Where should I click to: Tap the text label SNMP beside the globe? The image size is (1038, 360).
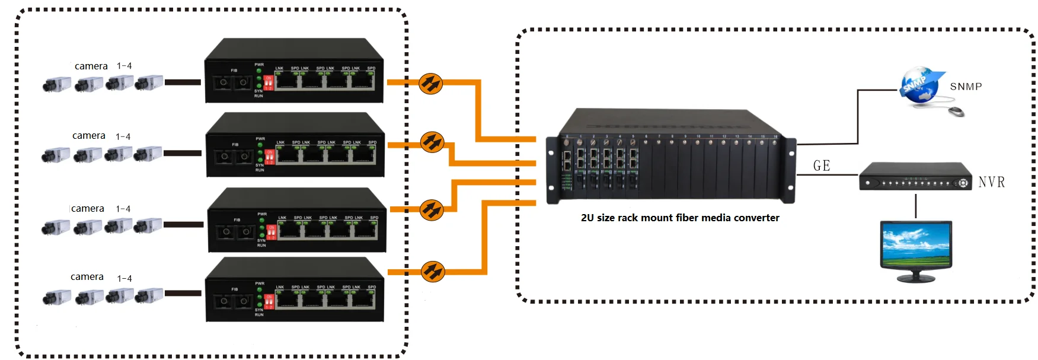click(x=966, y=87)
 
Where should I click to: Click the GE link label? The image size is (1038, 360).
click(x=822, y=166)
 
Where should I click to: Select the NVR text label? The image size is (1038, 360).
click(x=991, y=182)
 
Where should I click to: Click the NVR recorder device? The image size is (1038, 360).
click(x=915, y=177)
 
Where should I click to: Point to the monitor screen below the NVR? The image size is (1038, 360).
click(x=916, y=245)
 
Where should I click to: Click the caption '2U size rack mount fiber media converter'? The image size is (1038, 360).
click(x=680, y=218)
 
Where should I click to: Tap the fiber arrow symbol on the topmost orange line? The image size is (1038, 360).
click(x=431, y=83)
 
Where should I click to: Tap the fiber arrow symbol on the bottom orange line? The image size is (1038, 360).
click(x=433, y=272)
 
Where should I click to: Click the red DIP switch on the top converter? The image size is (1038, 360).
click(x=268, y=82)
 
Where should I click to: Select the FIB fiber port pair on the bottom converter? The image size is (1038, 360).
click(x=234, y=301)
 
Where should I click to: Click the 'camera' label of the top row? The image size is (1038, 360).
click(x=91, y=66)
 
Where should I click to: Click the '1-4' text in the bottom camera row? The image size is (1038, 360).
click(x=124, y=278)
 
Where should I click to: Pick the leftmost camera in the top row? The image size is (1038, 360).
click(x=56, y=85)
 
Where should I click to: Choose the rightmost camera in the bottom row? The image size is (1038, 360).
click(x=149, y=295)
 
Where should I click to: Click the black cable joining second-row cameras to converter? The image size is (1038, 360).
click(x=183, y=153)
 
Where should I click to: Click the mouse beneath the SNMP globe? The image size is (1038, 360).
click(x=956, y=111)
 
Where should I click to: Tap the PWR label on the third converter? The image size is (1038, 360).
click(x=262, y=214)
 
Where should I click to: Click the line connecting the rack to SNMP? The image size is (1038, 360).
click(x=857, y=119)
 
